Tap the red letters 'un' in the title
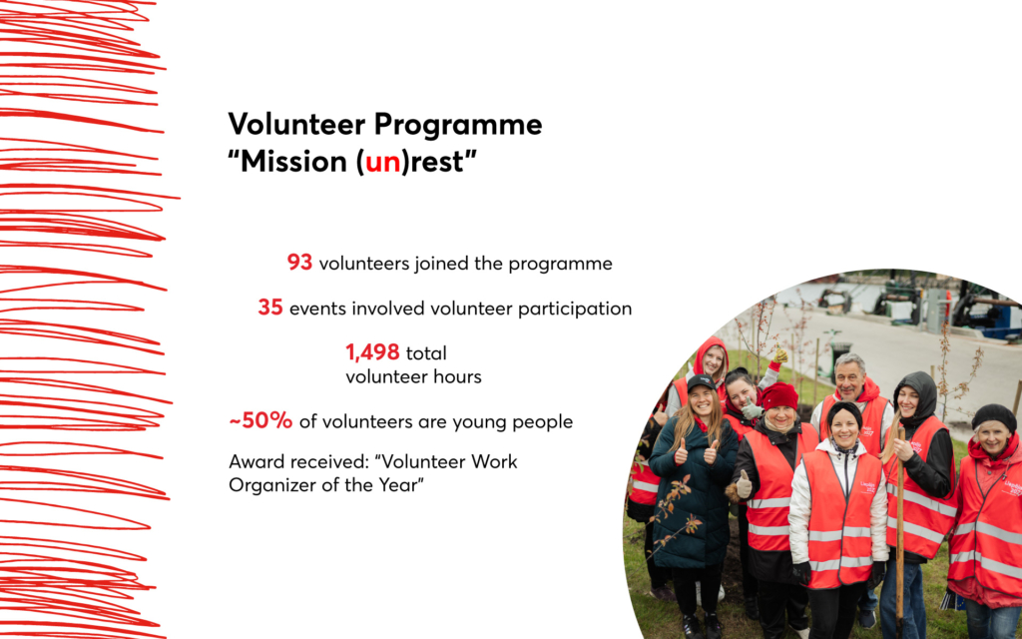382,161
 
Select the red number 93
299,263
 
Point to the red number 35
270,308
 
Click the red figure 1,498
372,352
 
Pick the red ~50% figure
260,420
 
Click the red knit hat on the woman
779,395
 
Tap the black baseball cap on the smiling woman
702,381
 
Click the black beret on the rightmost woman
994,417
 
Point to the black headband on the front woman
844,410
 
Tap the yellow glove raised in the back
780,355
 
